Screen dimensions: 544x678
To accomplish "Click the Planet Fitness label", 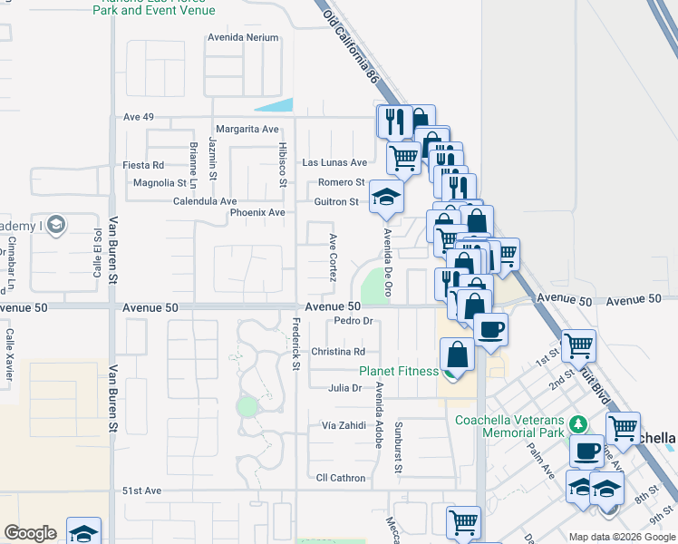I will click(399, 370).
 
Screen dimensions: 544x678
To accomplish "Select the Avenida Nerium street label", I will click(243, 38).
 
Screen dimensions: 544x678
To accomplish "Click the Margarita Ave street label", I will click(247, 129).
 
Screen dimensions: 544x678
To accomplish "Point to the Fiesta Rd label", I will click(144, 165).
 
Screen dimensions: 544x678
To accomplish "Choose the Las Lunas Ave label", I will click(334, 162).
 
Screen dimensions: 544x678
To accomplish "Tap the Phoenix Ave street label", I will click(257, 212).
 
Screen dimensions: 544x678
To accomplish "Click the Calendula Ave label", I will click(205, 200).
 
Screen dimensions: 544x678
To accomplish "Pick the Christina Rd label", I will click(338, 352).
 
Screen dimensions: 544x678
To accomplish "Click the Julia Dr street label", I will click(344, 388).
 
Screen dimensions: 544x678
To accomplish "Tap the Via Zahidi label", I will click(344, 424).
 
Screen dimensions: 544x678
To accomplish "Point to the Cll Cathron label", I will click(341, 478).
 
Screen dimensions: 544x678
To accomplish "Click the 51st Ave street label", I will click(141, 491).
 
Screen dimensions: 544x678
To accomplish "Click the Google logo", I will click(30, 533).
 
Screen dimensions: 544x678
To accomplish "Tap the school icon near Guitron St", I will click(387, 198).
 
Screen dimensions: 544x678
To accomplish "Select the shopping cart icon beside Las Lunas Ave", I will click(403, 158).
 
